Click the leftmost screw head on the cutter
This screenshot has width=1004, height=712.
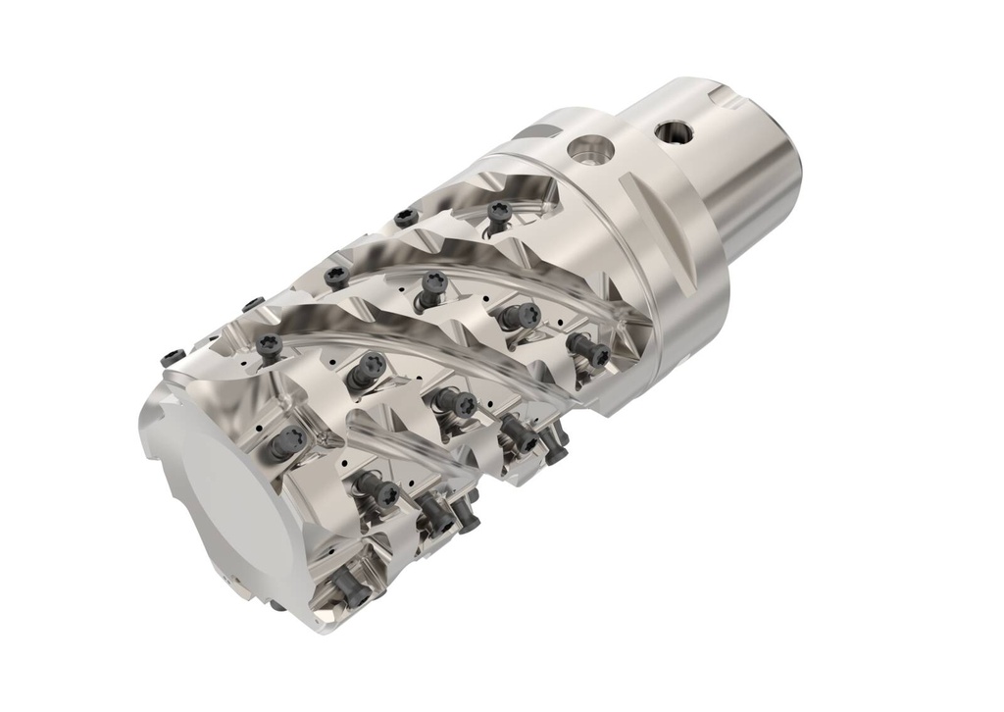pyautogui.click(x=173, y=356)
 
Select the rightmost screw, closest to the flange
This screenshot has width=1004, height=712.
pyautogui.click(x=588, y=349)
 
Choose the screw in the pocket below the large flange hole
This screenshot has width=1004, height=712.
pyautogui.click(x=499, y=213)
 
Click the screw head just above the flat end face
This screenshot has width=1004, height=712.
pyautogui.click(x=284, y=443)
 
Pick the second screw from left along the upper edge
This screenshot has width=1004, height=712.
pyautogui.click(x=253, y=304)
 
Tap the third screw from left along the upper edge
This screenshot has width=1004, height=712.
pyautogui.click(x=336, y=276)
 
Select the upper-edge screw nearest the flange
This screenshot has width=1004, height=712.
pyautogui.click(x=405, y=217)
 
